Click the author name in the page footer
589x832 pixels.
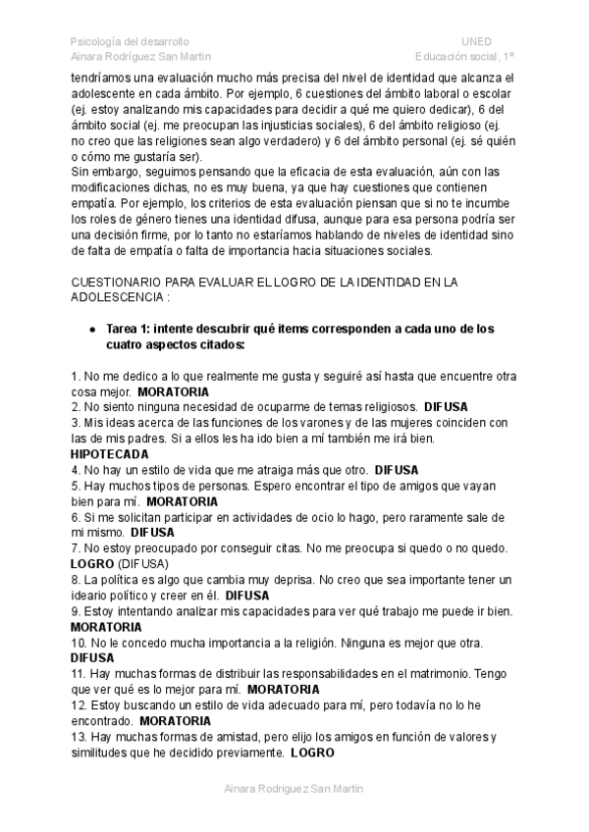click(294, 788)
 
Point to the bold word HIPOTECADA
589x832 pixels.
click(110, 454)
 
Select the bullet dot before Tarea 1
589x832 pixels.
click(91, 331)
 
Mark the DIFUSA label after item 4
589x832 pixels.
click(399, 470)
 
